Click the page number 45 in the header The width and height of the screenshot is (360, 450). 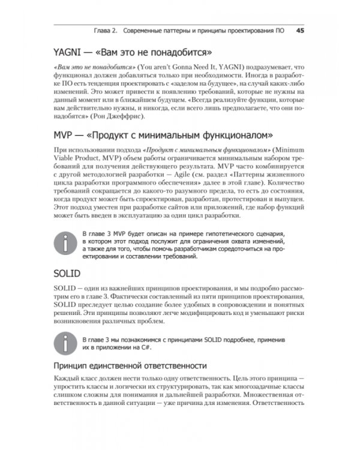click(301, 30)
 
